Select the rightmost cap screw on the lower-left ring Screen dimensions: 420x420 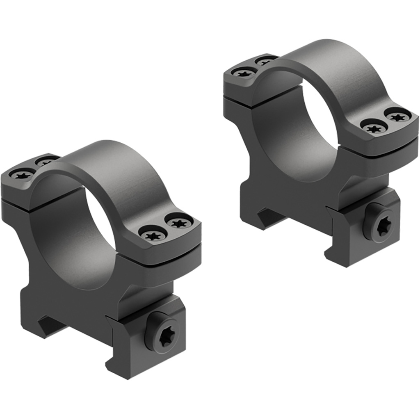[179, 223]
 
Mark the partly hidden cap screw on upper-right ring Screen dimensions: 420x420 [265, 62]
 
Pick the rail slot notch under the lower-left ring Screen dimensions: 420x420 [51, 326]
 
